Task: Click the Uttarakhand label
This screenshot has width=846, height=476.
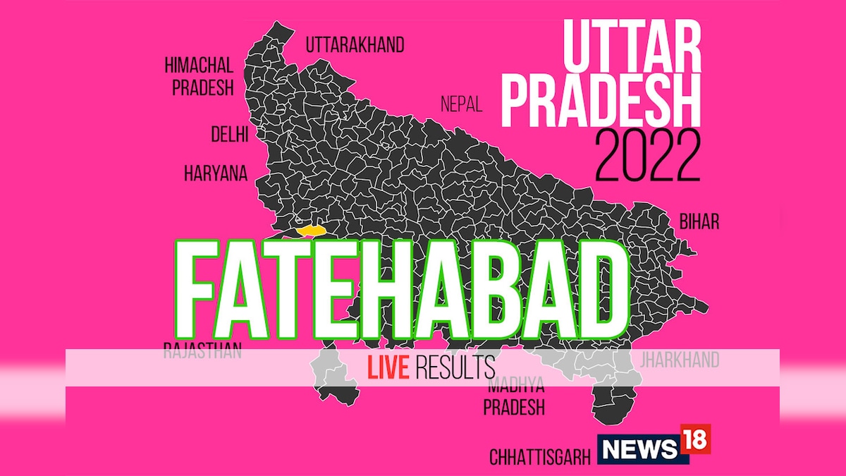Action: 355,46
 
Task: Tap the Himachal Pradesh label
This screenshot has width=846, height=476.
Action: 198,77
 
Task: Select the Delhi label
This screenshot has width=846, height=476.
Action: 229,135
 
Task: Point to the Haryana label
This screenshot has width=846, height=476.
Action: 216,173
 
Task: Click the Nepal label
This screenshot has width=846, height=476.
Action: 461,105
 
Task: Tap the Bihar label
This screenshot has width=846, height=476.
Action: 699,222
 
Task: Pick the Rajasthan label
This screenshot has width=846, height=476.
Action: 202,350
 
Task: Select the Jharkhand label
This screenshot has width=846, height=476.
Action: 679,360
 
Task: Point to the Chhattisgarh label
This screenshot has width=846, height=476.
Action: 540,458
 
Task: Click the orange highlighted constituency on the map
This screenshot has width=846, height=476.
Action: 310,230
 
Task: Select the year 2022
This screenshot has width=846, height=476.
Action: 647,156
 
